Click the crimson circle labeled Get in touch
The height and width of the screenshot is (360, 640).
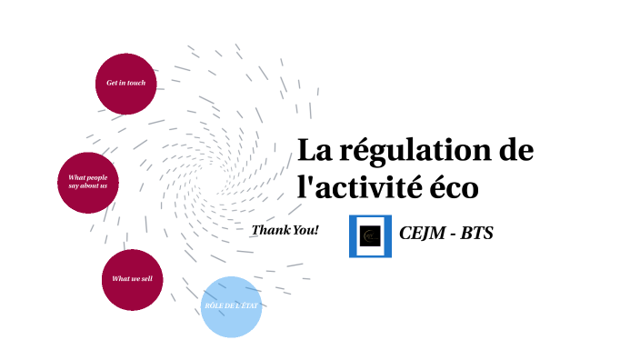click(125, 84)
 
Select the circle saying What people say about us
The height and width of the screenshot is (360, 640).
click(88, 182)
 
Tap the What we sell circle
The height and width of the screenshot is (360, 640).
click(132, 279)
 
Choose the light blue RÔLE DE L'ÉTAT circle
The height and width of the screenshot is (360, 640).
click(231, 306)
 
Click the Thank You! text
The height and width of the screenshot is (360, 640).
click(285, 230)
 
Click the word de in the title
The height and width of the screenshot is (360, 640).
click(513, 150)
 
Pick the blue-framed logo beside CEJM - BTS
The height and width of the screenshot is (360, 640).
click(370, 235)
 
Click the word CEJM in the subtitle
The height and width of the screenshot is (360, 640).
click(422, 234)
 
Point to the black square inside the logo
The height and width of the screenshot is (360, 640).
click(370, 235)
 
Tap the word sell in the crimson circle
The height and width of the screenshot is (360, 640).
click(145, 279)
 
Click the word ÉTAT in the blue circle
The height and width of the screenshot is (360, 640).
click(248, 306)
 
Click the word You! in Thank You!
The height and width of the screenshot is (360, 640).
click(305, 230)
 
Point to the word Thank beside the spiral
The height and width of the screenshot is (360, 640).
click(270, 230)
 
